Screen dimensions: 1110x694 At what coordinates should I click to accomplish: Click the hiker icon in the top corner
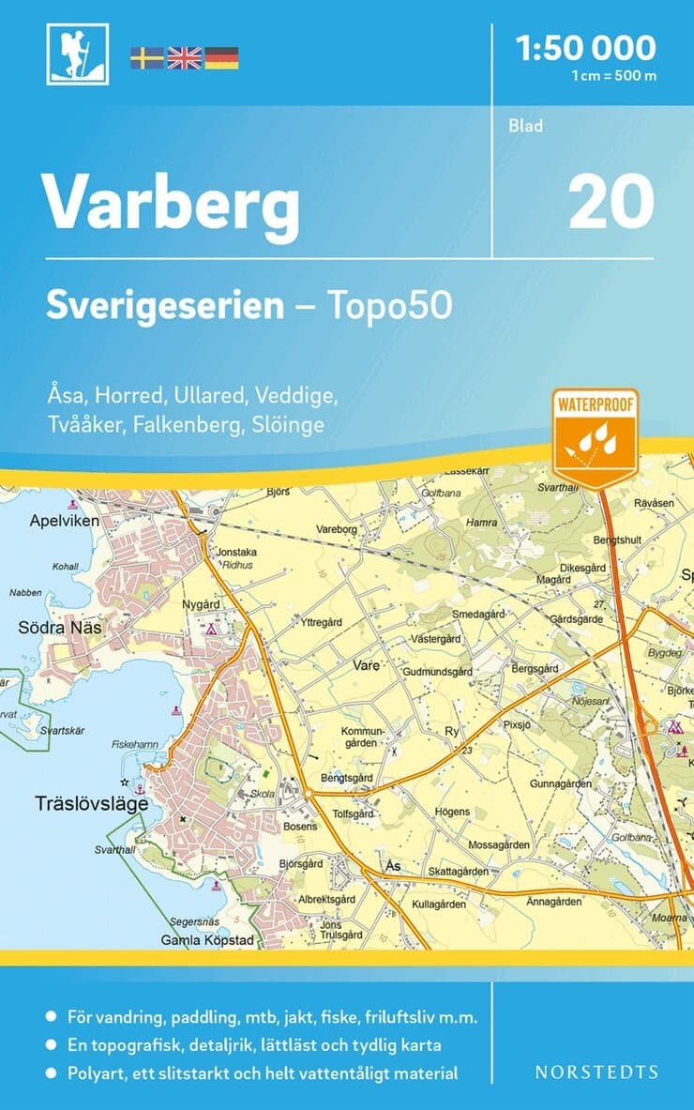[x=77, y=54]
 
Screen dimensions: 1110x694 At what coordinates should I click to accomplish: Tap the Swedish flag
[x=146, y=58]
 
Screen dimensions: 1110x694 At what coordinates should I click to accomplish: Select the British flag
[x=184, y=58]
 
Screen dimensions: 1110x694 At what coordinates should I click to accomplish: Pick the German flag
[x=221, y=58]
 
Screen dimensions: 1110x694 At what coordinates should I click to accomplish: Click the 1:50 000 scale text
[x=587, y=46]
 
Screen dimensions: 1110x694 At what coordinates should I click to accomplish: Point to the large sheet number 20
[x=611, y=202]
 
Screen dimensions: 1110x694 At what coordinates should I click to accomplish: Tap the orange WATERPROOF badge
[x=595, y=436]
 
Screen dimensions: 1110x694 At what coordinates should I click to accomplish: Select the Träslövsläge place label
[x=79, y=803]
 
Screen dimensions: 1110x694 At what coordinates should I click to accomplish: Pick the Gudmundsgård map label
[x=436, y=673]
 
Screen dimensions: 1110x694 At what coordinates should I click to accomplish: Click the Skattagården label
[x=459, y=872]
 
